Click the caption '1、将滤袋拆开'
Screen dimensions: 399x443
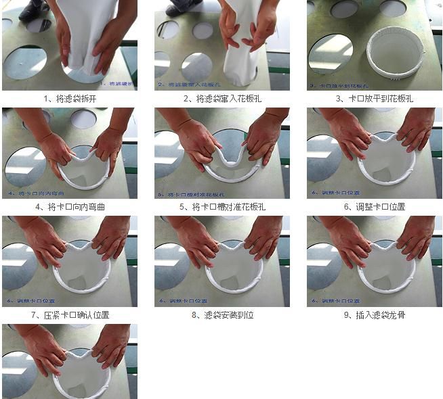click(x=70, y=98)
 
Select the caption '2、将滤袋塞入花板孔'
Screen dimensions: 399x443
click(x=222, y=98)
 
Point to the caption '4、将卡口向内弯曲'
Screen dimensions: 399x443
click(x=70, y=206)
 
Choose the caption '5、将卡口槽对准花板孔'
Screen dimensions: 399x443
click(x=222, y=206)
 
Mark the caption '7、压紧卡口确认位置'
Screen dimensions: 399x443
click(x=70, y=314)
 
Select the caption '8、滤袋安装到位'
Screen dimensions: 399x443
click(x=222, y=314)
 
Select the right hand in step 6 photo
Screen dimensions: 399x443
click(x=413, y=132)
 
